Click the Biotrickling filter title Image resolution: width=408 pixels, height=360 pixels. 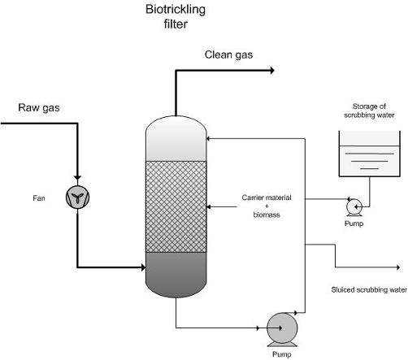[x=176, y=16]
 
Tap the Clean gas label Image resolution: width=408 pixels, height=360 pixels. [x=228, y=55]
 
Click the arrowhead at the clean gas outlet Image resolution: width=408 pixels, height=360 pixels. [x=272, y=71]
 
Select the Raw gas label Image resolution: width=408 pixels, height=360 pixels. [x=39, y=108]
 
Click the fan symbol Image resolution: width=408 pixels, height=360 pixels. [x=77, y=197]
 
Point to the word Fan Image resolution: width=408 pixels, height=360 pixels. [x=39, y=198]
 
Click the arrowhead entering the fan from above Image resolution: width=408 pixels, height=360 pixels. [x=77, y=177]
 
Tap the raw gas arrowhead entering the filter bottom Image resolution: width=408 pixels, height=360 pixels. [x=143, y=267]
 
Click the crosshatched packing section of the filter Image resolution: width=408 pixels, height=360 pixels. [x=176, y=206]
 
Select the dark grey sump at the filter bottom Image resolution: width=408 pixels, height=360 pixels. [x=176, y=274]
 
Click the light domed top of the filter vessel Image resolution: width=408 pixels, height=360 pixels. [x=176, y=139]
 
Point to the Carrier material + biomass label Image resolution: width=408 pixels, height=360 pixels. [x=267, y=206]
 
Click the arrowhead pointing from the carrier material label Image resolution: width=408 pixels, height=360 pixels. [x=208, y=206]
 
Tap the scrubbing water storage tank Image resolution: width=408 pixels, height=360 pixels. [x=370, y=154]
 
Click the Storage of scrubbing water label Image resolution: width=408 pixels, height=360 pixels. [x=369, y=111]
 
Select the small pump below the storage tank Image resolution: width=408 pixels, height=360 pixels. [x=354, y=207]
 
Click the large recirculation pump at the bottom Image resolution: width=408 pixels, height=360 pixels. [x=282, y=329]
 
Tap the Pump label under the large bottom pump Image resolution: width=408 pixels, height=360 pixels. [x=282, y=354]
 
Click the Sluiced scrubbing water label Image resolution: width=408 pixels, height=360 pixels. [x=369, y=290]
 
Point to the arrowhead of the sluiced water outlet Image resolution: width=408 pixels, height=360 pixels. [x=398, y=267]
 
